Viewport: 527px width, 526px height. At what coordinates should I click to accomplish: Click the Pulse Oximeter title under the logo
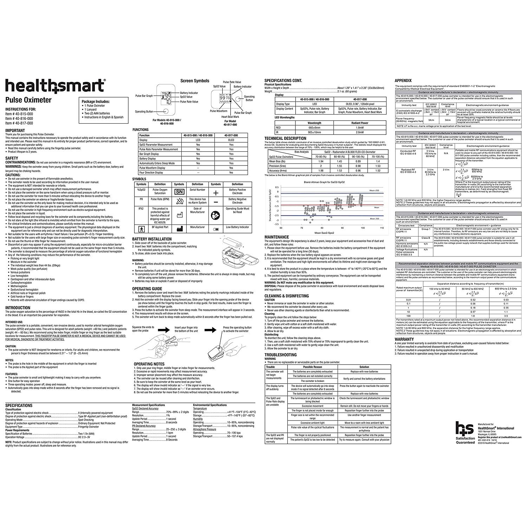click(x=28, y=100)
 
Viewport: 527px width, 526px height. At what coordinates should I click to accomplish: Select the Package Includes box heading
click(x=96, y=102)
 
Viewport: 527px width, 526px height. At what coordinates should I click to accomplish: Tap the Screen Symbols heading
click(x=195, y=81)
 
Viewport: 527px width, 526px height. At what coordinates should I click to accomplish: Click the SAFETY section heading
click(x=12, y=158)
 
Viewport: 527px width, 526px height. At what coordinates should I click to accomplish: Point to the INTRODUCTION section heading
click(x=18, y=307)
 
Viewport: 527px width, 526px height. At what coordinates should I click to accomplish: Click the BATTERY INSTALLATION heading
click(x=152, y=239)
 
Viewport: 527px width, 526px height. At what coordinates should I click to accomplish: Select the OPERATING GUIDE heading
click(x=147, y=288)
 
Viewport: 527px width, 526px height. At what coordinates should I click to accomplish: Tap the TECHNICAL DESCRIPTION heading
click(x=285, y=138)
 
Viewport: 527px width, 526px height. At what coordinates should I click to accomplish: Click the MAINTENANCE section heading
click(x=276, y=237)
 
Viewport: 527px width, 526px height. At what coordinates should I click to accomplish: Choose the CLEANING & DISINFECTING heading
click(x=287, y=296)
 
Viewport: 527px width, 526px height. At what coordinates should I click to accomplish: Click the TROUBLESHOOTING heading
click(x=280, y=355)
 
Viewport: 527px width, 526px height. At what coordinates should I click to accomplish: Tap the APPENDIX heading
click(x=403, y=80)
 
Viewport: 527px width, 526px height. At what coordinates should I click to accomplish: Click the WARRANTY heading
click(x=404, y=339)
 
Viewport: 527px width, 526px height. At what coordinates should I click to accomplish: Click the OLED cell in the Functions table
click(x=231, y=140)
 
